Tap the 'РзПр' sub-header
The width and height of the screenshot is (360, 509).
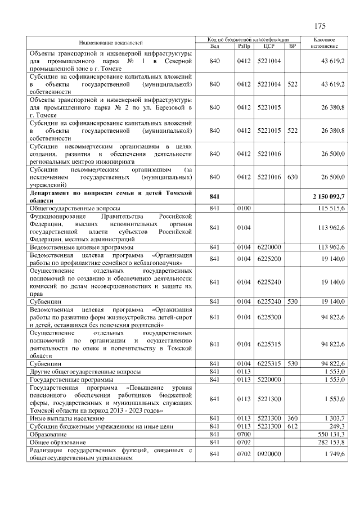[x=243, y=46]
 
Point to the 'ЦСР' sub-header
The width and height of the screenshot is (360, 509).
[x=268, y=46]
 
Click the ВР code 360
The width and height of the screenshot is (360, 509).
[x=292, y=418]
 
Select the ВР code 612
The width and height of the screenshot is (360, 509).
[x=292, y=426]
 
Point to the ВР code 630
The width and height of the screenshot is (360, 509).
[x=292, y=177]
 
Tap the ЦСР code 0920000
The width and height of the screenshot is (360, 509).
[x=268, y=454]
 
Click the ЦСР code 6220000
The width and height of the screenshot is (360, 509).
[x=268, y=247]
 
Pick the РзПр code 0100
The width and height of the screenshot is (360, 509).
[x=243, y=208]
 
